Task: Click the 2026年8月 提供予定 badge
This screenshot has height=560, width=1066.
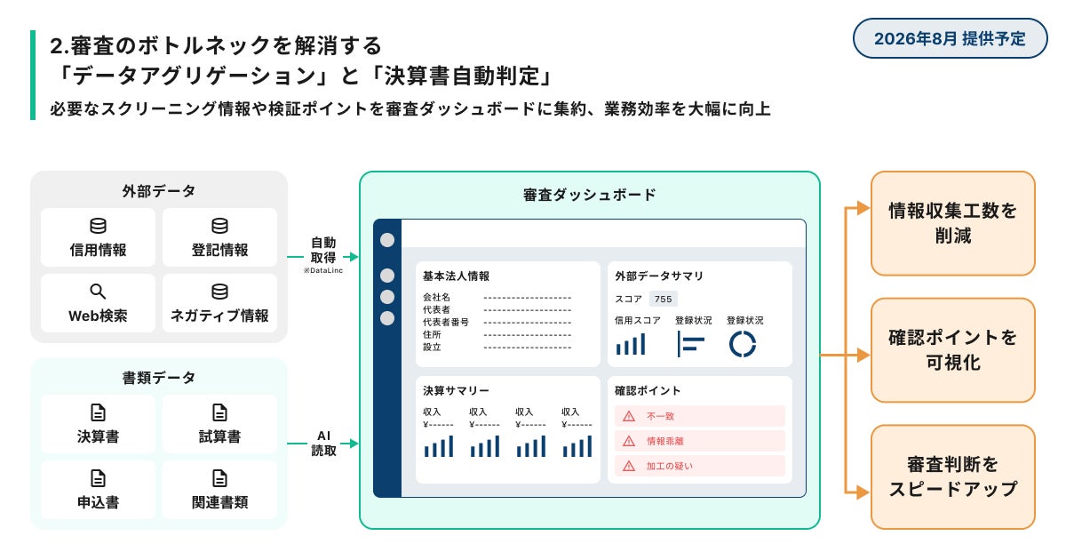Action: click(950, 38)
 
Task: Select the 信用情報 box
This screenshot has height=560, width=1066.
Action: click(98, 237)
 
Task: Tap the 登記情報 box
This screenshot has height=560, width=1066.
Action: click(219, 237)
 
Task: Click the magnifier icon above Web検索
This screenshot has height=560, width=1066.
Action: click(98, 292)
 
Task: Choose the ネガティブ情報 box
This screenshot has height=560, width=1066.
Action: click(219, 303)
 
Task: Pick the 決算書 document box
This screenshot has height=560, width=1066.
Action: click(98, 424)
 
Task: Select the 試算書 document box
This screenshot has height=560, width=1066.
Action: click(219, 424)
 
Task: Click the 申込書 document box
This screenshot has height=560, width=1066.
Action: click(98, 490)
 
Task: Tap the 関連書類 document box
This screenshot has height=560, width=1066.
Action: click(219, 490)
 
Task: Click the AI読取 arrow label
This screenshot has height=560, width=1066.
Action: click(323, 443)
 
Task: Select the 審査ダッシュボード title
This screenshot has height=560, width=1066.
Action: click(590, 195)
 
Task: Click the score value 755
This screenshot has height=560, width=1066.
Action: click(663, 299)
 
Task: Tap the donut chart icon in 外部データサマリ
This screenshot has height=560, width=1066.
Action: click(742, 343)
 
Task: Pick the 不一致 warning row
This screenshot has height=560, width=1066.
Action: click(699, 416)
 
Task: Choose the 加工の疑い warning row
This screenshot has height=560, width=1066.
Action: click(699, 466)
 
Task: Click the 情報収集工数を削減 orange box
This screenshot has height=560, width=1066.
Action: click(952, 223)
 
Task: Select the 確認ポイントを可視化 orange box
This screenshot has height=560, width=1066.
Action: click(952, 350)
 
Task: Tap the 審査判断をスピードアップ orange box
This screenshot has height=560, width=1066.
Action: click(952, 476)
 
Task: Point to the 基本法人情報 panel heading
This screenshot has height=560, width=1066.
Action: click(456, 276)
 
